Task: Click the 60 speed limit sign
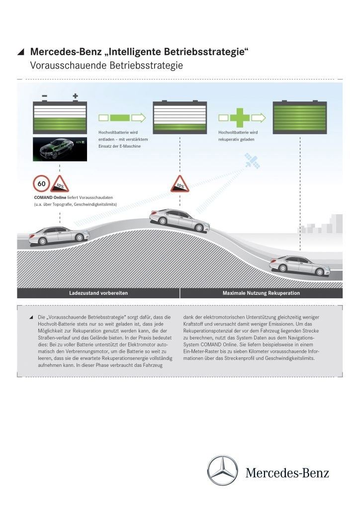pyautogui.click(x=41, y=183)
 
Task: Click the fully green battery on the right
pyautogui.click(x=299, y=117)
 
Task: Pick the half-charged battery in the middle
pyautogui.click(x=180, y=117)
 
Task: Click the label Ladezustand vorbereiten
pyautogui.click(x=98, y=293)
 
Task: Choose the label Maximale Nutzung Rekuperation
pyautogui.click(x=261, y=293)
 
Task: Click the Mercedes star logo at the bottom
pyautogui.click(x=222, y=470)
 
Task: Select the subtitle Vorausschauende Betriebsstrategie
pyautogui.click(x=106, y=65)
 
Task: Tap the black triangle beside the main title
pyautogui.click(x=20, y=51)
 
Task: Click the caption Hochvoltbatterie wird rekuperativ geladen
pyautogui.click(x=238, y=136)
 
